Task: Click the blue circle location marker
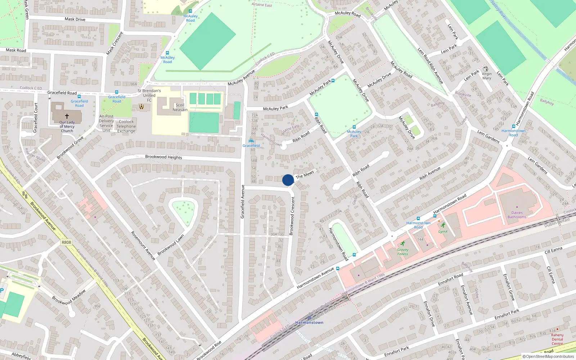pos(288,180)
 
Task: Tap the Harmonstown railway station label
pos(309,323)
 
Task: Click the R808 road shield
pos(66,242)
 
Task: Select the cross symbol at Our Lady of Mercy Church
pos(67,116)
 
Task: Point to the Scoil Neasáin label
pos(180,107)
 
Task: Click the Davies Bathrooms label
pos(517,215)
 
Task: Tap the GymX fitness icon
pos(443,225)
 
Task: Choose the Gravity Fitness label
pos(402,252)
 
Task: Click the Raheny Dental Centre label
pos(557,339)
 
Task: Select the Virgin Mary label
pos(487,76)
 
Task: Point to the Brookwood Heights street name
pos(163,157)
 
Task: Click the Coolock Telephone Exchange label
pos(126,126)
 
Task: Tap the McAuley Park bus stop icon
pos(354,127)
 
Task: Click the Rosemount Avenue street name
pos(143,246)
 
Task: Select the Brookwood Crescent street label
pos(292,216)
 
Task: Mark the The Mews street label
pos(305,175)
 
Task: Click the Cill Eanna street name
pos(553,250)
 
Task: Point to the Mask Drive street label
pos(75,19)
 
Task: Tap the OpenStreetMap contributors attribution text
pos(548,356)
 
